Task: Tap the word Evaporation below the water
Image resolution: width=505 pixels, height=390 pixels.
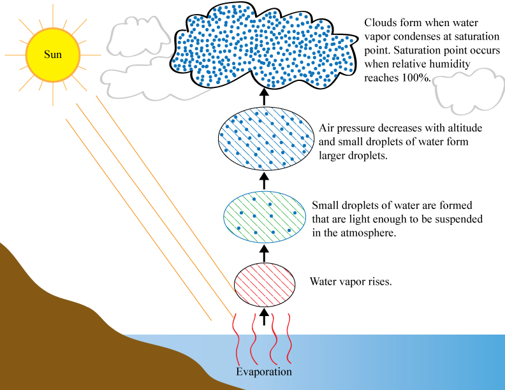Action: tap(264, 372)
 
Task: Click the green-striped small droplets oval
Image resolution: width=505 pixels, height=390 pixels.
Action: tap(265, 217)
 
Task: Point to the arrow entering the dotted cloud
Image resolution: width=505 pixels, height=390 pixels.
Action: tap(265, 96)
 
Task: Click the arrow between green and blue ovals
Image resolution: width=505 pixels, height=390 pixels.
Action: tap(265, 181)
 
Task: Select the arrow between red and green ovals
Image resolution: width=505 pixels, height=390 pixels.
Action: tap(265, 253)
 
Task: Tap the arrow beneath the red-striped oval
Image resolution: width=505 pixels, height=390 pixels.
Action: tap(265, 315)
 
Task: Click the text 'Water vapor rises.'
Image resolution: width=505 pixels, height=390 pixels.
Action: tap(350, 281)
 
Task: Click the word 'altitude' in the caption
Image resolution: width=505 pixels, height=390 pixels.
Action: tap(465, 128)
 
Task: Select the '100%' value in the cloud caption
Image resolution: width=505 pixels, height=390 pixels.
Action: tap(417, 78)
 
